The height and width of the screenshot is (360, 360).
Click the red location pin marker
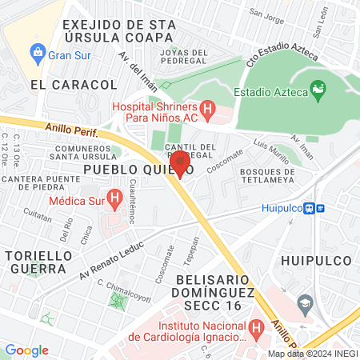pos(180,163)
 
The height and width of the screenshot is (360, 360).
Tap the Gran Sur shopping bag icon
pos(36,54)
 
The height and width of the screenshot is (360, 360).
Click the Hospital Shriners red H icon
pos(207,107)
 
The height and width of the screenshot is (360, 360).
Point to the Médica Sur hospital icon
pos(114,195)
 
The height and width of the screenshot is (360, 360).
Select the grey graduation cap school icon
pos(304,303)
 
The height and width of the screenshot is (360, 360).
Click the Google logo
pos(26,350)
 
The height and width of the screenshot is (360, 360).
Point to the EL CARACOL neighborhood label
pos(62,84)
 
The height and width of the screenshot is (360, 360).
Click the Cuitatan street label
pos(38,214)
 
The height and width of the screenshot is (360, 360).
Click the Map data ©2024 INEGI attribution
pos(312,354)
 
